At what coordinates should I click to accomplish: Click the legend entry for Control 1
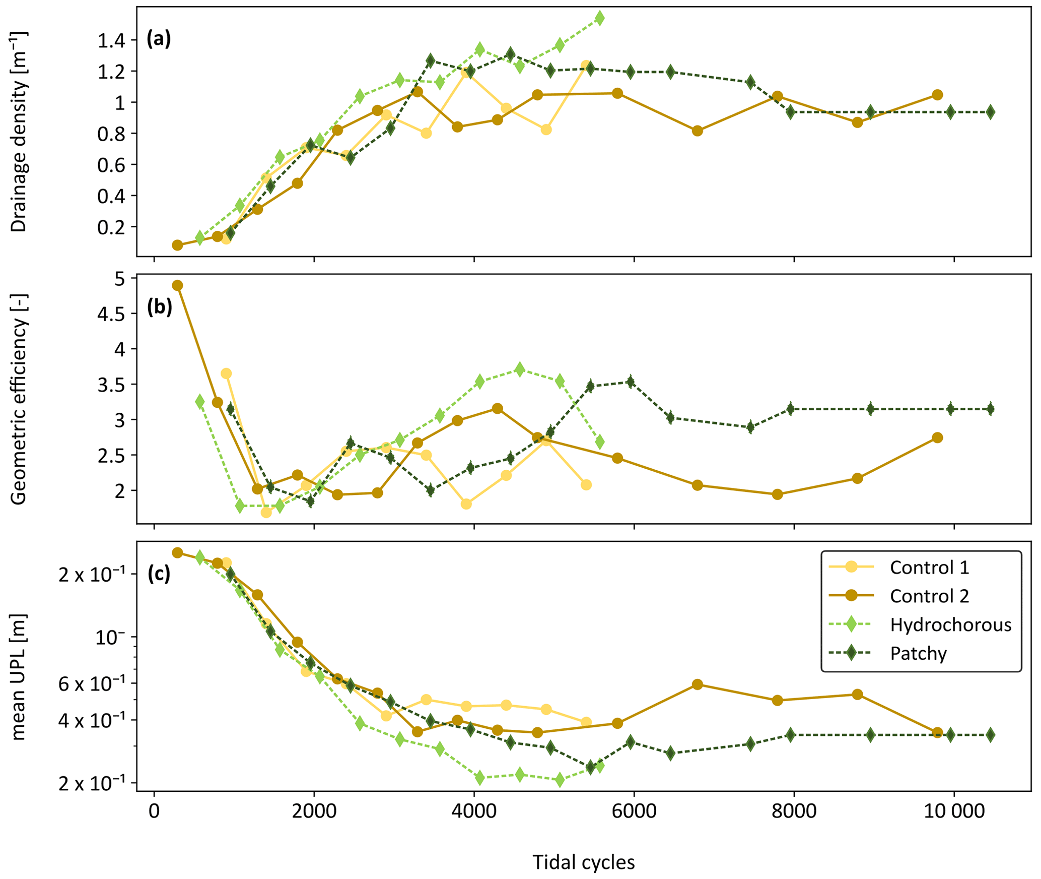[x=929, y=568]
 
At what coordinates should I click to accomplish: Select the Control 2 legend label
[x=929, y=596]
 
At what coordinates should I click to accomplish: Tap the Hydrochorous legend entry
[x=950, y=625]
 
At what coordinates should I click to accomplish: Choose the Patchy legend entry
[x=918, y=654]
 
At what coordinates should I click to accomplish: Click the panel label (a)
[x=159, y=39]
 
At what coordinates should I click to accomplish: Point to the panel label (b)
[x=159, y=307]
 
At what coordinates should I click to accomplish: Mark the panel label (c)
[x=159, y=574]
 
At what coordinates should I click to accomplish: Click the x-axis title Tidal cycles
[x=584, y=862]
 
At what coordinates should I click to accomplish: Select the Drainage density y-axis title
[x=19, y=132]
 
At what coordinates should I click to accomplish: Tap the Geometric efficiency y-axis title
[x=19, y=399]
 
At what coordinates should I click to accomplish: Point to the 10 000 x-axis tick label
[x=953, y=811]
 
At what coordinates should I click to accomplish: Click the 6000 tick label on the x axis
[x=634, y=811]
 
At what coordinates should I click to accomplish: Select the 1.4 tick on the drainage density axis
[x=112, y=40]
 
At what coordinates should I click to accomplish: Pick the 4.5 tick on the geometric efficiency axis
[x=112, y=313]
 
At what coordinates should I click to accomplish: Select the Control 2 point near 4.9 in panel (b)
[x=177, y=285]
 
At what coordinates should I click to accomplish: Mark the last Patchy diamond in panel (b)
[x=990, y=409]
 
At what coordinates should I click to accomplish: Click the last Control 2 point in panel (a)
[x=937, y=95]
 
